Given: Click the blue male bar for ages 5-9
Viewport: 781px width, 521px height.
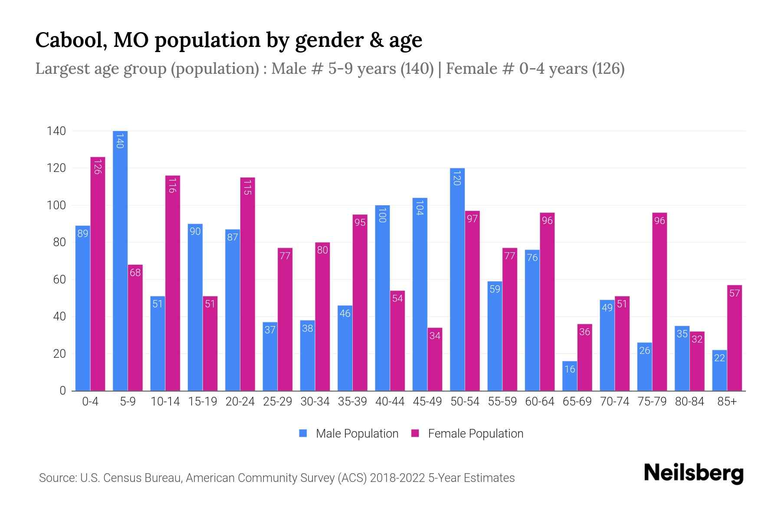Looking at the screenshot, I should tap(120, 260).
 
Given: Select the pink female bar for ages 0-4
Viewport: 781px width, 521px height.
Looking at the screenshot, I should tap(98, 274).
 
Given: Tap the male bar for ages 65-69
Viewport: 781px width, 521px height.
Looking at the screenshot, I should tap(570, 376).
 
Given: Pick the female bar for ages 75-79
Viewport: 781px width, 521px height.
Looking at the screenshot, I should tap(660, 302).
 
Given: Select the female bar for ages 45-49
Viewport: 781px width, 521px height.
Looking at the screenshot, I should tap(435, 359).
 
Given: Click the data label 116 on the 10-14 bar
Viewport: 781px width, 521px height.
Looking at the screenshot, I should tap(173, 185).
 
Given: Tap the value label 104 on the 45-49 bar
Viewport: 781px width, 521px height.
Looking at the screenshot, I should tap(420, 208).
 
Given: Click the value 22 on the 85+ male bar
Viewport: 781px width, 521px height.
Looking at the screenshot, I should tap(719, 358).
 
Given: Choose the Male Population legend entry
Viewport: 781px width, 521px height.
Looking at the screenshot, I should tap(349, 433).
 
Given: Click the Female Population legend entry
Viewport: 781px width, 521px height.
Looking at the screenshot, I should tap(467, 433).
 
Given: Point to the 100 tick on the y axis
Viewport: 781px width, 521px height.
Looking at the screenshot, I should tap(56, 205).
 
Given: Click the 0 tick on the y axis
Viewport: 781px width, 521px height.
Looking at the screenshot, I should tap(62, 390).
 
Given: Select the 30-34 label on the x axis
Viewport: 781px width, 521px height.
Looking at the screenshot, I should tap(315, 402).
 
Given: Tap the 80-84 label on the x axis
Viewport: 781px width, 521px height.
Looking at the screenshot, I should tap(689, 402).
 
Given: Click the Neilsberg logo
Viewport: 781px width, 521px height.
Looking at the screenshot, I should tap(693, 473).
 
